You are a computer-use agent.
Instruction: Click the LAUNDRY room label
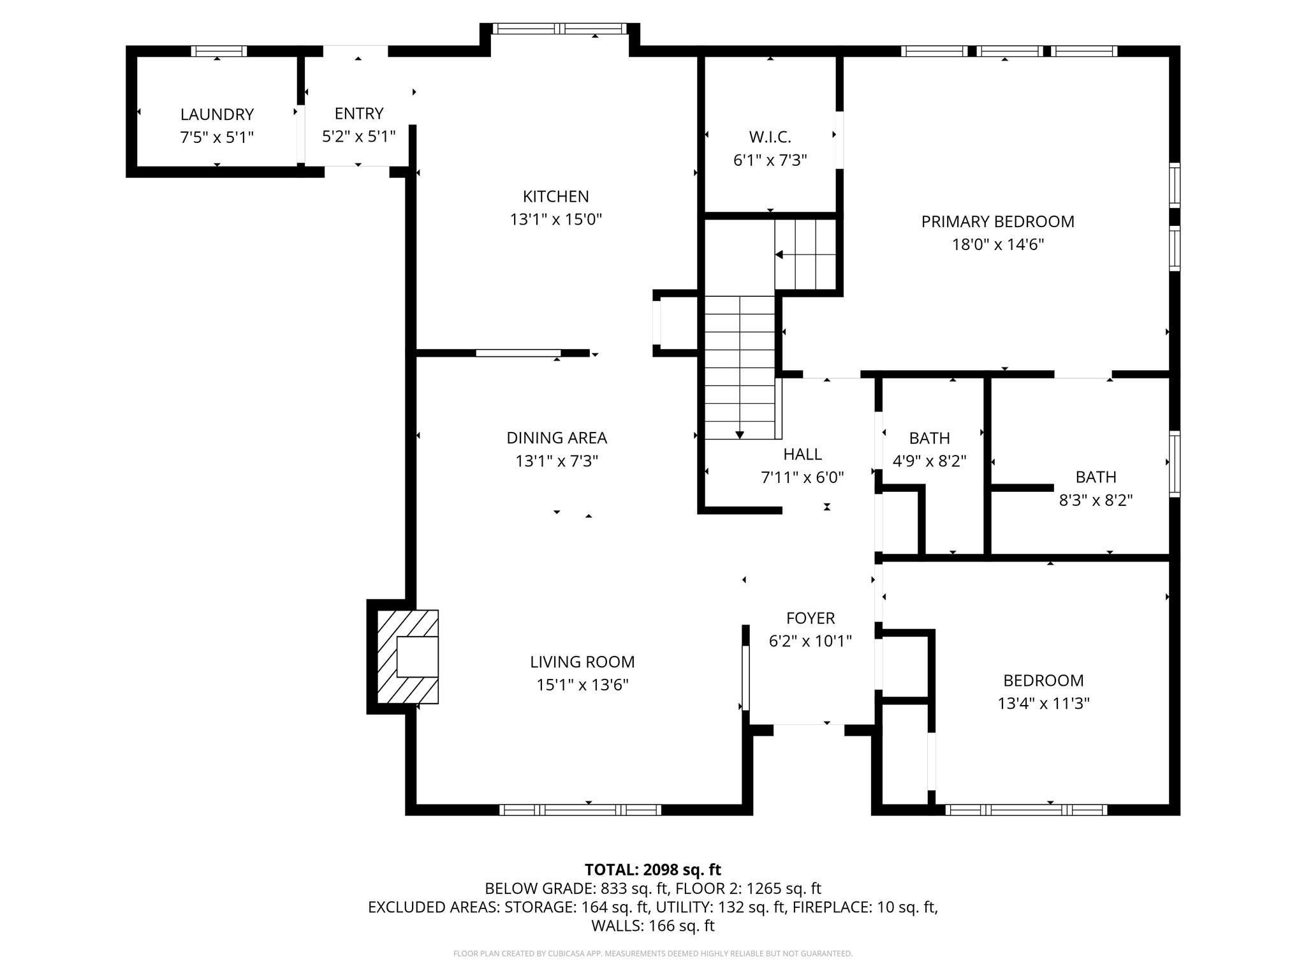pos(217,114)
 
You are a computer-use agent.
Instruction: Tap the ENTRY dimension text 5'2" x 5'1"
pos(358,137)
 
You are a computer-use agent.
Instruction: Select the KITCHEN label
pos(555,197)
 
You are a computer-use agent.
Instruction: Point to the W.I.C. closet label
pos(770,137)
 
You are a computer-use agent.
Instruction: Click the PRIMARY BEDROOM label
pos(997,222)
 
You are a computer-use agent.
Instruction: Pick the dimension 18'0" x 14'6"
pos(997,245)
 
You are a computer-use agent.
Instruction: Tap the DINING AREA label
pos(556,438)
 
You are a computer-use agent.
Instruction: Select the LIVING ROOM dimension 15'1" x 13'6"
pos(582,685)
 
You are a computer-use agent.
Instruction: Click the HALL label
pos(802,454)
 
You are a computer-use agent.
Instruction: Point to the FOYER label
pos(810,618)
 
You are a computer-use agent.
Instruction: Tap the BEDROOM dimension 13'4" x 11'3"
pos(1043,704)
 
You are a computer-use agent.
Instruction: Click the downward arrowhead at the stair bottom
pos(740,435)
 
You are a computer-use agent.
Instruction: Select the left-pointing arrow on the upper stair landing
pos(779,255)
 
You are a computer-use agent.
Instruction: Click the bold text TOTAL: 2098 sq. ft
pos(652,870)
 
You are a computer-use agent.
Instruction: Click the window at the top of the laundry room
pos(219,51)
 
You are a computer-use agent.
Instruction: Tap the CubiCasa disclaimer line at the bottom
pos(652,954)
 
